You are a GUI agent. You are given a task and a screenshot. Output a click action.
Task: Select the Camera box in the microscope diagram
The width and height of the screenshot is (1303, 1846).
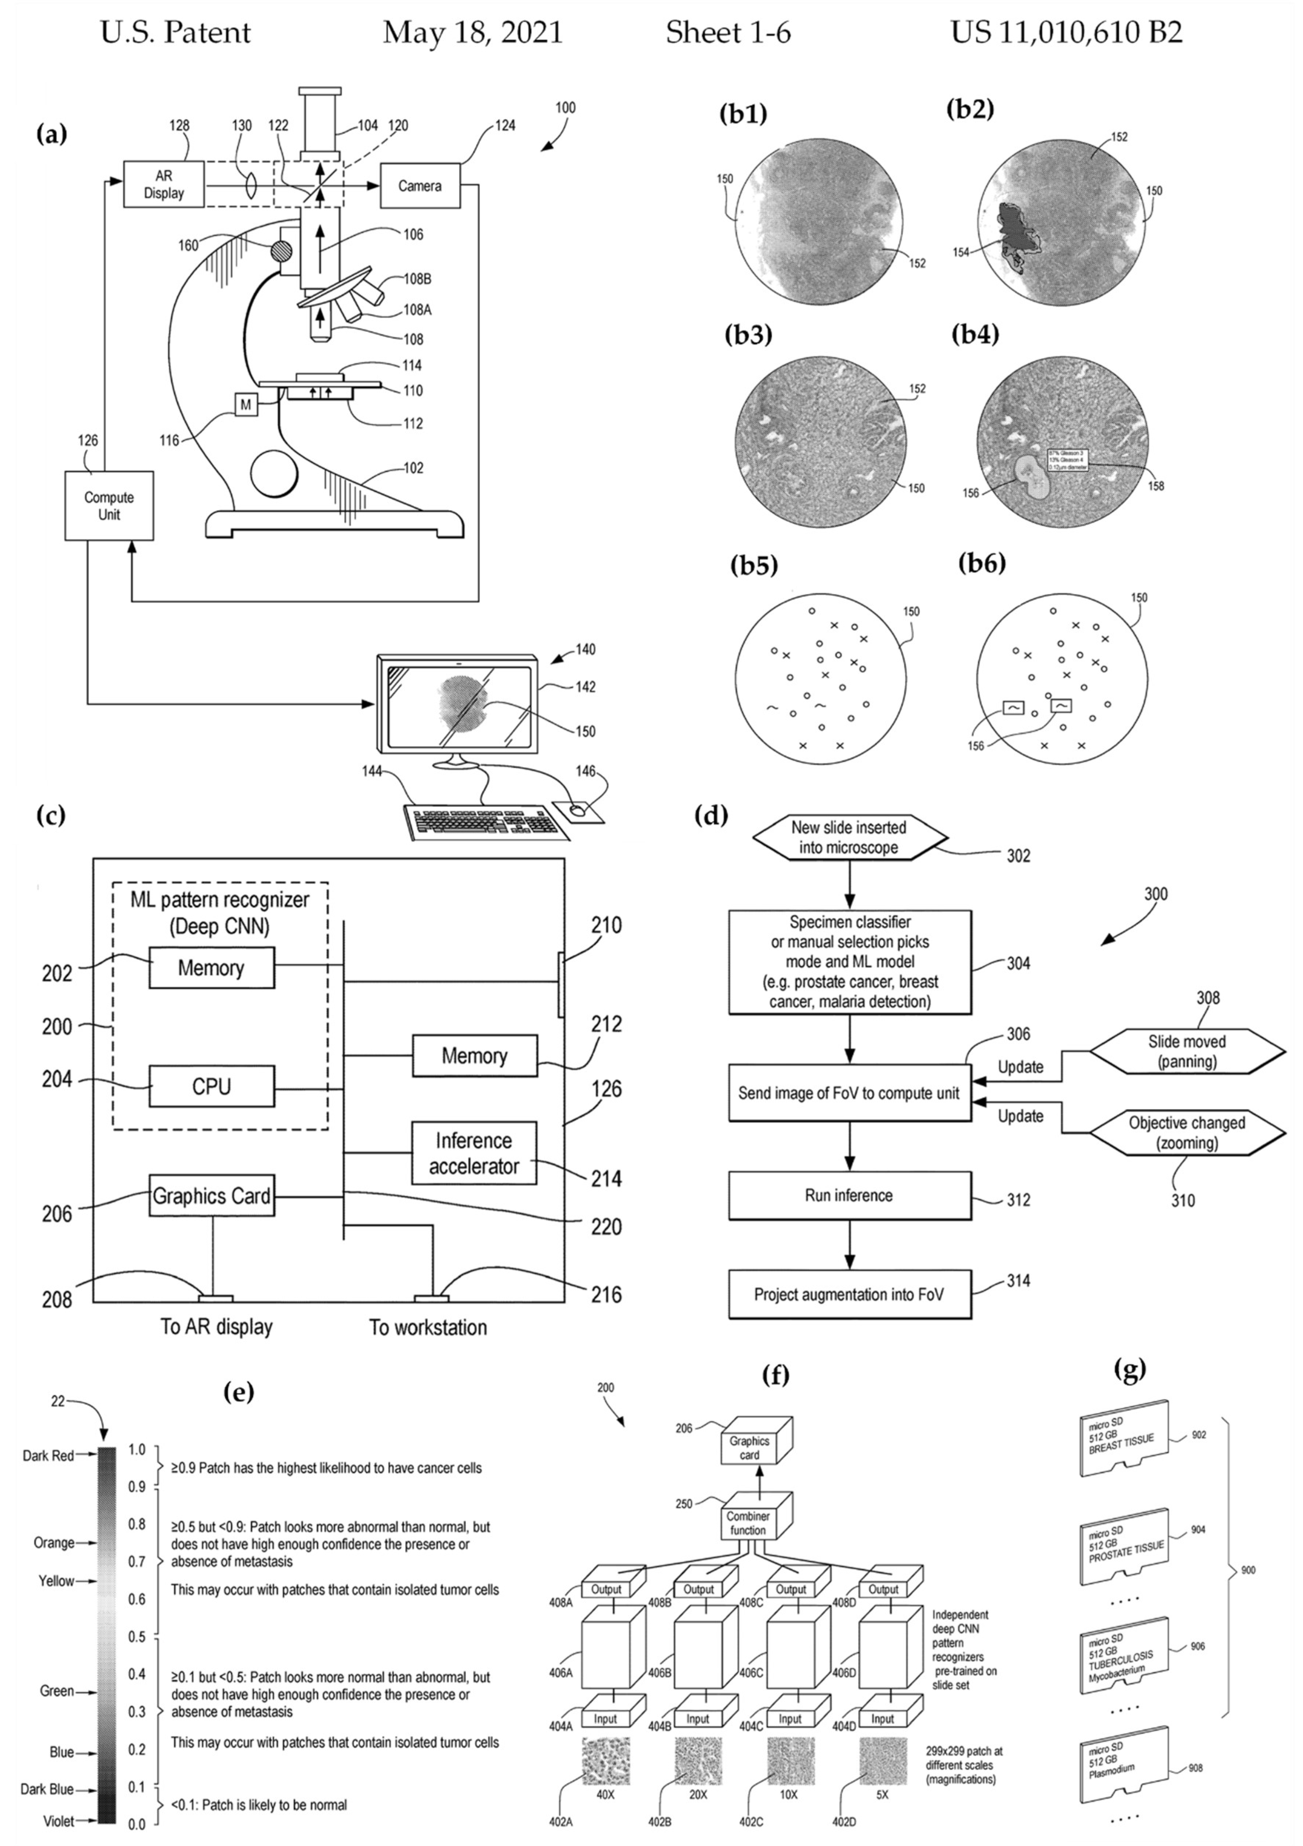click(420, 186)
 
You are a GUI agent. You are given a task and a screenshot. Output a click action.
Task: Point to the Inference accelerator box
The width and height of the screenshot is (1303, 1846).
click(474, 1153)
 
